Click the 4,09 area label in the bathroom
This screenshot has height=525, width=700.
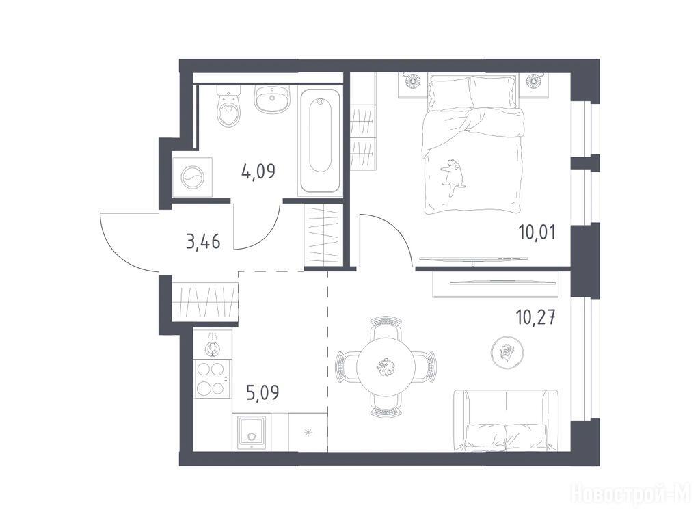[258, 171]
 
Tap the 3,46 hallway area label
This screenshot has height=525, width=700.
[203, 242]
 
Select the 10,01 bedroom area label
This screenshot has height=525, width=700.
[537, 232]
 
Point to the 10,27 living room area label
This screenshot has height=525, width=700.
[536, 319]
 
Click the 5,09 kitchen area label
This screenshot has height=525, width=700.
[262, 393]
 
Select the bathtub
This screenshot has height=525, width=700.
[320, 141]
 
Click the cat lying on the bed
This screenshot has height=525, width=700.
[452, 176]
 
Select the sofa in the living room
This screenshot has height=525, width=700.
[506, 420]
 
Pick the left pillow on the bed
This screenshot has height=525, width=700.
[450, 92]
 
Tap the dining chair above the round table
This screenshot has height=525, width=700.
[386, 327]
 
